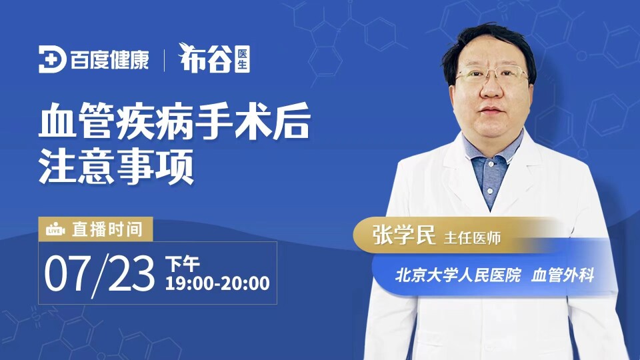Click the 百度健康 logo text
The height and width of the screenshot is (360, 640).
click(x=109, y=60)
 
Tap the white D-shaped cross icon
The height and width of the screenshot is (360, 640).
click(x=52, y=59)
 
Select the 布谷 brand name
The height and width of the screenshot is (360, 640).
click(x=205, y=59)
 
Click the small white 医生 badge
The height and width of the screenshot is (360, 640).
click(x=243, y=59)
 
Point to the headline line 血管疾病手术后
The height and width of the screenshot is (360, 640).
click(x=175, y=121)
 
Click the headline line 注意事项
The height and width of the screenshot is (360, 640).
click(x=116, y=166)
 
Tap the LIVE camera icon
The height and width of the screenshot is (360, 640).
click(x=55, y=230)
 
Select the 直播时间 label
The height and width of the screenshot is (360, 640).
click(x=107, y=229)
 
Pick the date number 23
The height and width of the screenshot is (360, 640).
click(x=131, y=273)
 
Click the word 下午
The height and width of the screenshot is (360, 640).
click(x=182, y=264)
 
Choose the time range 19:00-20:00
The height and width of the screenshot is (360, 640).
click(x=217, y=283)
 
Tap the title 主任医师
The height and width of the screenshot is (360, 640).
click(x=472, y=237)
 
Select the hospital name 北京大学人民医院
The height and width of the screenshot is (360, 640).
click(x=458, y=275)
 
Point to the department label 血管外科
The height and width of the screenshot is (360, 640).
click(x=563, y=275)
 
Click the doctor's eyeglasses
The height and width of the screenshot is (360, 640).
click(x=491, y=74)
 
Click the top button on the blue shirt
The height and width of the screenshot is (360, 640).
click(x=492, y=163)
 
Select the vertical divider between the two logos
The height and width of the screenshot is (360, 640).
click(x=164, y=61)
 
